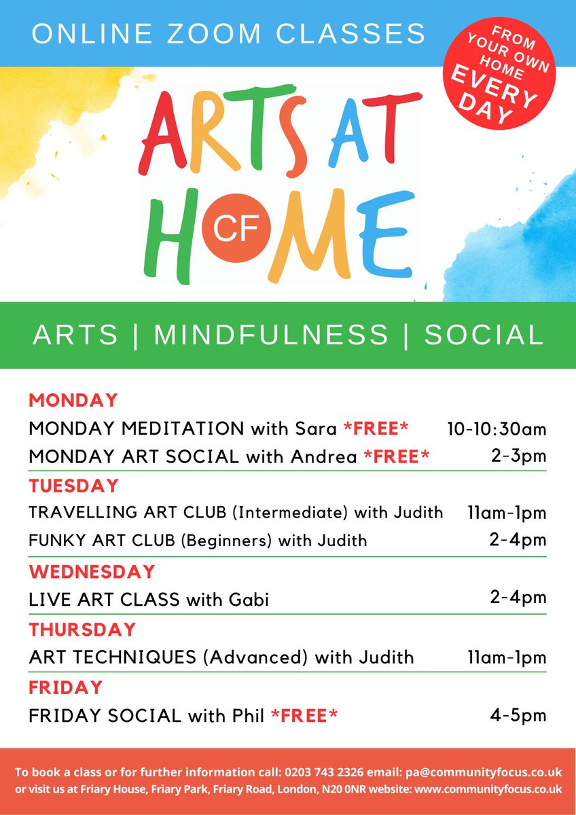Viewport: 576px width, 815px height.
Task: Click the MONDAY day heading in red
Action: click(73, 400)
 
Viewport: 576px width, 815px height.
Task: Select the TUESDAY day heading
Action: click(74, 486)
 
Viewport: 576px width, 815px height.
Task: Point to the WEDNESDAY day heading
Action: click(92, 571)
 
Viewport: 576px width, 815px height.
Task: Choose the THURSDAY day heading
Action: click(82, 630)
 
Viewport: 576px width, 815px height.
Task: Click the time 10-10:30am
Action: click(497, 429)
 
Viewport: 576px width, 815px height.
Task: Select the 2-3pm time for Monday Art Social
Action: click(519, 456)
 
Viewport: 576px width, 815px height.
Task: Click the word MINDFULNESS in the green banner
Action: click(272, 335)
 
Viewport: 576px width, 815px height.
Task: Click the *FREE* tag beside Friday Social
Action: click(304, 716)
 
